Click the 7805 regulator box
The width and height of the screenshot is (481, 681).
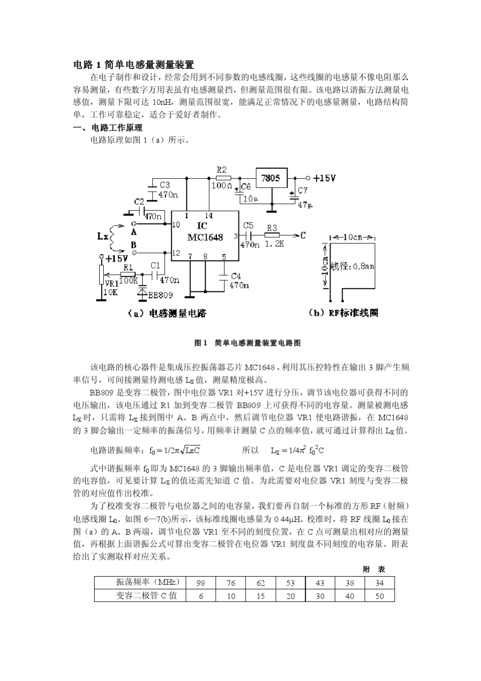[x=271, y=178]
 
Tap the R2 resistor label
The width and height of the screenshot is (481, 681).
[x=221, y=170]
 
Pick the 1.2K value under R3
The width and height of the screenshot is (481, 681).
[x=274, y=244]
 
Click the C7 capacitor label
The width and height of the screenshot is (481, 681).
[x=302, y=191]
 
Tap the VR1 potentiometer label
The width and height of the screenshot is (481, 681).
[x=111, y=283]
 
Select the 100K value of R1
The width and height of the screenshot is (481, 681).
[x=129, y=280]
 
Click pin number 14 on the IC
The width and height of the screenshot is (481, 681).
[x=209, y=215]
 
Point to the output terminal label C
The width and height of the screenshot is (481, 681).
[x=303, y=235]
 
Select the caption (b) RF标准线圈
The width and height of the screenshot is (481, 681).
[x=343, y=313]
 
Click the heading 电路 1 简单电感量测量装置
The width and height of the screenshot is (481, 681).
[x=134, y=65]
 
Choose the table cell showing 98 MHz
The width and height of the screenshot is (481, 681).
[x=201, y=583]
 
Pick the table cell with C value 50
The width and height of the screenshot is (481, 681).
[x=379, y=596]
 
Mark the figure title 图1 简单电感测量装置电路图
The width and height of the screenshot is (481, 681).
[x=248, y=343]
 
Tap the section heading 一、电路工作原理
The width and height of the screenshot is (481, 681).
[x=108, y=128]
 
